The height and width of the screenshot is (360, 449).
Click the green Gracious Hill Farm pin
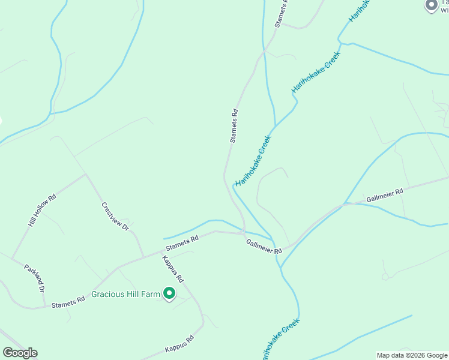point(170,293)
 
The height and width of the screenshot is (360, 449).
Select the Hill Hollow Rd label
point(42,210)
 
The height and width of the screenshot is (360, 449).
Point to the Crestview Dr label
point(115,217)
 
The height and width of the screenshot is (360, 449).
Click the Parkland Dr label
point(35,278)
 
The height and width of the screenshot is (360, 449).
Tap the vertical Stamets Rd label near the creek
point(234,125)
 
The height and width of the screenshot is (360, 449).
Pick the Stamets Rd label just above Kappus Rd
point(182,243)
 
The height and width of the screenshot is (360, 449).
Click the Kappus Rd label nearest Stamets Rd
point(173,269)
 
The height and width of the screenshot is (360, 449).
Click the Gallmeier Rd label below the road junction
point(264,246)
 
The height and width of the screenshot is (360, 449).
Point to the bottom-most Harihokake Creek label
point(280,340)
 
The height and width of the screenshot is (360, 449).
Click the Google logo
point(20,353)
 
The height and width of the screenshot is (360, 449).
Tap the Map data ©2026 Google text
point(412,355)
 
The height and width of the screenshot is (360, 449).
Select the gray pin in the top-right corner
point(431,5)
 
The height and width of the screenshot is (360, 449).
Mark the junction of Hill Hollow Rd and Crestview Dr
point(86,175)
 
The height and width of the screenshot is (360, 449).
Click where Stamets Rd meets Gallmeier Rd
point(243,232)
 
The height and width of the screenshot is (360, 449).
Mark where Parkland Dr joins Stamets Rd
point(45,307)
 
